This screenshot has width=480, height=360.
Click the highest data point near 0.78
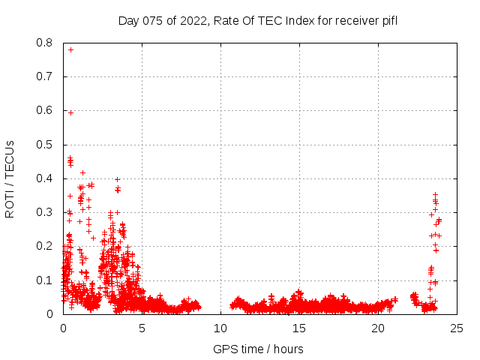point(70,49)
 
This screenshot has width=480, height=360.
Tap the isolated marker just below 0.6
point(70,112)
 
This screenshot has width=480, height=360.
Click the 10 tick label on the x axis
point(220,328)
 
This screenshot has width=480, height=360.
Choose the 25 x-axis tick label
point(457,328)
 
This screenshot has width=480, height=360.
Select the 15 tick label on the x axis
point(299,328)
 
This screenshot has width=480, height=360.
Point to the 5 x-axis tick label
point(142,328)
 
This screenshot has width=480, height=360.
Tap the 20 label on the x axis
point(378,328)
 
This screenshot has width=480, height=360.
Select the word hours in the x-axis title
point(288,349)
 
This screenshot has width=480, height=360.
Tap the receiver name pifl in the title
point(389,20)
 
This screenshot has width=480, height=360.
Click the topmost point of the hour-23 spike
point(435,194)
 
